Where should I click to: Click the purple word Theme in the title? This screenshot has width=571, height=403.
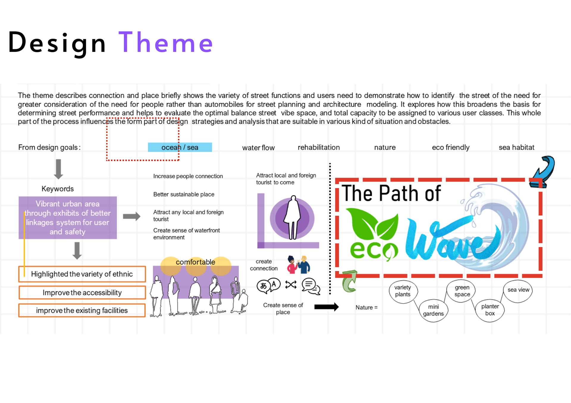point(166,42)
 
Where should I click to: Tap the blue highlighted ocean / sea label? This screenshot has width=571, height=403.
point(180,147)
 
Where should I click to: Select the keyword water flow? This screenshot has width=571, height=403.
point(258,148)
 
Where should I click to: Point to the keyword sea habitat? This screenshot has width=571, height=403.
point(516,147)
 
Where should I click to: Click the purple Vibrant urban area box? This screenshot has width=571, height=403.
point(68,218)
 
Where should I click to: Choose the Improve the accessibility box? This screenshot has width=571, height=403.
point(82,293)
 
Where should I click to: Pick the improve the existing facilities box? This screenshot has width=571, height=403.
point(82,310)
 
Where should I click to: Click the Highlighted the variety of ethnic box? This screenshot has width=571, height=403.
point(82,274)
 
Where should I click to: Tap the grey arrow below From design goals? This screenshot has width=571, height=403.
point(59,169)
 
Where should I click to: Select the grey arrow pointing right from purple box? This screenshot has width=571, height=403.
point(131,216)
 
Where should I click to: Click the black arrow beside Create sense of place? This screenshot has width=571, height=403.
point(326,307)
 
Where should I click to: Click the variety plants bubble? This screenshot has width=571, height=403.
point(403,291)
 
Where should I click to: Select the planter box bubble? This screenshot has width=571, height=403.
point(490,310)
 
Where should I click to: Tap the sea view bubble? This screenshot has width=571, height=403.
point(518,290)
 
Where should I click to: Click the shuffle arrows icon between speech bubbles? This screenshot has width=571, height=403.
point(291,285)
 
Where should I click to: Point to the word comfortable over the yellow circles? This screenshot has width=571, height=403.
point(195,262)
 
